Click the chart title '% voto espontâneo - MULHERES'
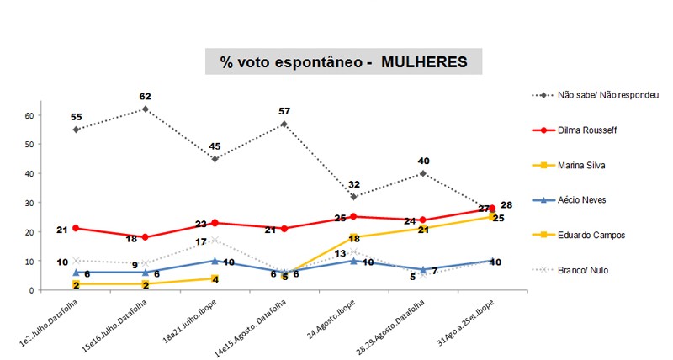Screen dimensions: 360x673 coord(343,62)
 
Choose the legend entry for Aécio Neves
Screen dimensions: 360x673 coord(582,200)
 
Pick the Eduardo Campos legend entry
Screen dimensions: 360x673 coord(588,236)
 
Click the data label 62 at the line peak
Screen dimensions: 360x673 coord(146,97)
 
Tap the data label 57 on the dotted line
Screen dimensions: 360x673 coord(284,111)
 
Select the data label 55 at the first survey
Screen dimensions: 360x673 coord(76,117)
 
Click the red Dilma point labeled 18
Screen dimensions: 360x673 coord(146,237)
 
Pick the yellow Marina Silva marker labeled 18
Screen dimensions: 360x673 coord(354,237)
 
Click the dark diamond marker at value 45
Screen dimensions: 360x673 coord(215,159)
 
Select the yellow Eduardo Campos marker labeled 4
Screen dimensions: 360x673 coord(215,278)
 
